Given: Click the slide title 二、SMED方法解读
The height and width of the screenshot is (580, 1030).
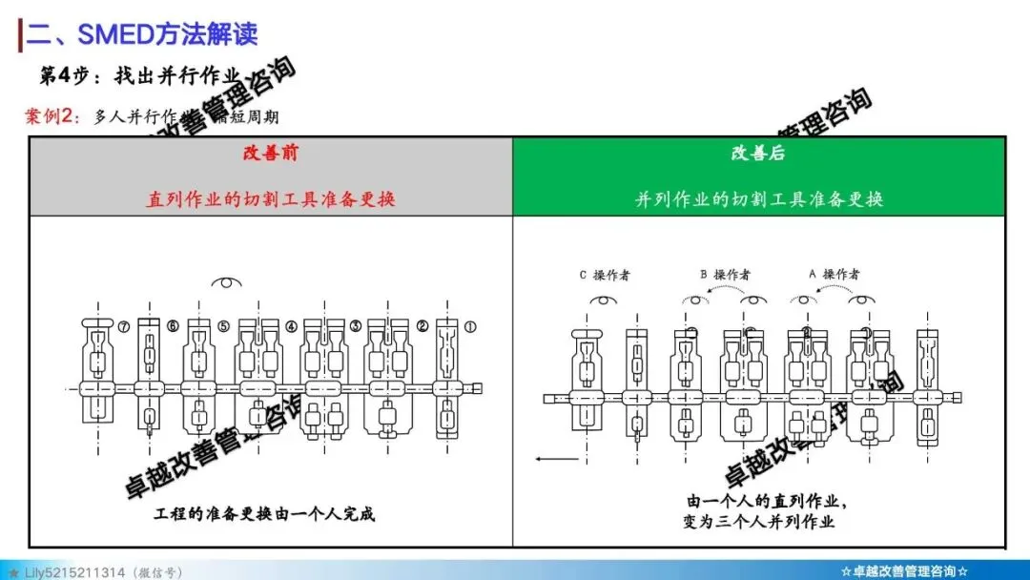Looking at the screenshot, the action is tap(141, 34).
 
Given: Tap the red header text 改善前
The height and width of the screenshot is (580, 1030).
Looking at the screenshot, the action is tap(270, 154).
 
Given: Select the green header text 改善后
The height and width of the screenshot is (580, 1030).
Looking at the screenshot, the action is tap(758, 154).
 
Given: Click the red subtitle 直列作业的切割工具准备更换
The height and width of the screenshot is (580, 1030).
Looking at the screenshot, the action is tap(270, 199).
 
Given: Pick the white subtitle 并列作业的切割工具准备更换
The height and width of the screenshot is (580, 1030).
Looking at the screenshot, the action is tap(758, 199).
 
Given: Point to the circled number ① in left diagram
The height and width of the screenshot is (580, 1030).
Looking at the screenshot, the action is tap(469, 325).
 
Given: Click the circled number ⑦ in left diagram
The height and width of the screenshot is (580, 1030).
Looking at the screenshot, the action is tap(125, 325).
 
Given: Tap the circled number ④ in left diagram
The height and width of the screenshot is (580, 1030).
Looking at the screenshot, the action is tap(291, 325).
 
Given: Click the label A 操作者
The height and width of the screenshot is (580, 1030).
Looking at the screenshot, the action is tap(834, 275).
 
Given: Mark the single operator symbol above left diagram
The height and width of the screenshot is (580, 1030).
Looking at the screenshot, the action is tap(227, 282).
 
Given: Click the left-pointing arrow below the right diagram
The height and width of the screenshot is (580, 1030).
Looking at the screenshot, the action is tap(558, 459).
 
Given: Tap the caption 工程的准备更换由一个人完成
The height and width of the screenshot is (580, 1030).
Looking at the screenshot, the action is tap(264, 514).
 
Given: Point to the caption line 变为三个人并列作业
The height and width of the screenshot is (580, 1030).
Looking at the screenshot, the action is tap(759, 521).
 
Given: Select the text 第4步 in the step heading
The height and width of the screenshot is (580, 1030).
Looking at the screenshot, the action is tap(62, 75).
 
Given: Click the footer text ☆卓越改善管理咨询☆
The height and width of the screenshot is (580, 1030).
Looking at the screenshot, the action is tap(904, 570).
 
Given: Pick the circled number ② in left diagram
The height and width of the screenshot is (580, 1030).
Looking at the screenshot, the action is tap(422, 325).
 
